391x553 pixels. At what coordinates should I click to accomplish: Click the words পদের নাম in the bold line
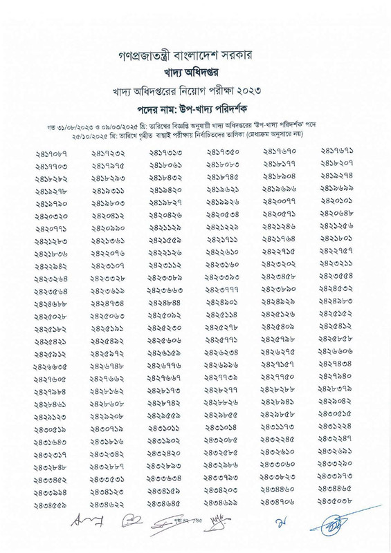[x=163, y=109]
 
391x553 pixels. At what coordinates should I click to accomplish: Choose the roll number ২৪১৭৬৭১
[x=336, y=149]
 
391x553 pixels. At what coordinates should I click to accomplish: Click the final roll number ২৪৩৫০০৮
[x=336, y=521]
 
